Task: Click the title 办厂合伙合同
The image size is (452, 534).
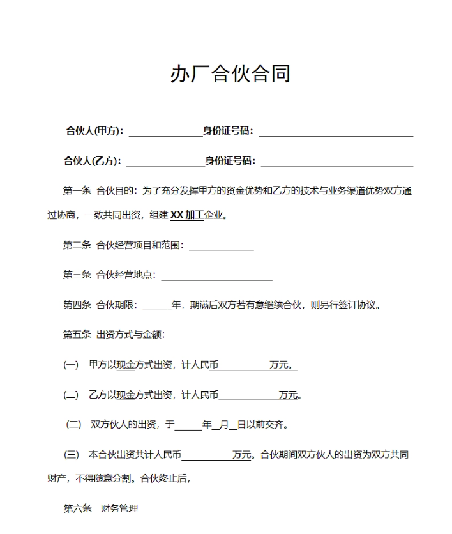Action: pyautogui.click(x=230, y=74)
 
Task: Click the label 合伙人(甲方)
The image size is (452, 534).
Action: pyautogui.click(x=94, y=131)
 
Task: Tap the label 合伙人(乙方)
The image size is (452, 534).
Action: pyautogui.click(x=93, y=161)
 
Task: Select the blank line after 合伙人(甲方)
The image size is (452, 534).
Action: pyautogui.click(x=165, y=132)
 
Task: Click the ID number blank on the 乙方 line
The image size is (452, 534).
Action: pyautogui.click(x=336, y=162)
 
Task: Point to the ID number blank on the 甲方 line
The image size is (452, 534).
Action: pyautogui.click(x=336, y=132)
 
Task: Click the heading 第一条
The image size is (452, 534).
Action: pyautogui.click(x=77, y=190)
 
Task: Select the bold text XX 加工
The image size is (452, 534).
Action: pyautogui.click(x=186, y=215)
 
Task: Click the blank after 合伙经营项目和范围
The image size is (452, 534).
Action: pyautogui.click(x=222, y=246)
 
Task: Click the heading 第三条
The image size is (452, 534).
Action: pyautogui.click(x=77, y=275)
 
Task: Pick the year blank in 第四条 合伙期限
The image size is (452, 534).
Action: pyautogui.click(x=157, y=306)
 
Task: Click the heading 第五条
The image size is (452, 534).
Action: pyautogui.click(x=77, y=334)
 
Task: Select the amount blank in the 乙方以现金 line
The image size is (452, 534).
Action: pyautogui.click(x=248, y=396)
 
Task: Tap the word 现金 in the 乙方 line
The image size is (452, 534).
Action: pyautogui.click(x=125, y=395)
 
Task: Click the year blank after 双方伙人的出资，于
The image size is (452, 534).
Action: pyautogui.click(x=188, y=425)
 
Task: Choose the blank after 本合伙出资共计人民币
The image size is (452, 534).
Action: pyautogui.click(x=207, y=456)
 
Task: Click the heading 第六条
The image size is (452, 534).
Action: pyautogui.click(x=77, y=508)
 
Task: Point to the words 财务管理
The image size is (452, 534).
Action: pyautogui.click(x=119, y=508)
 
